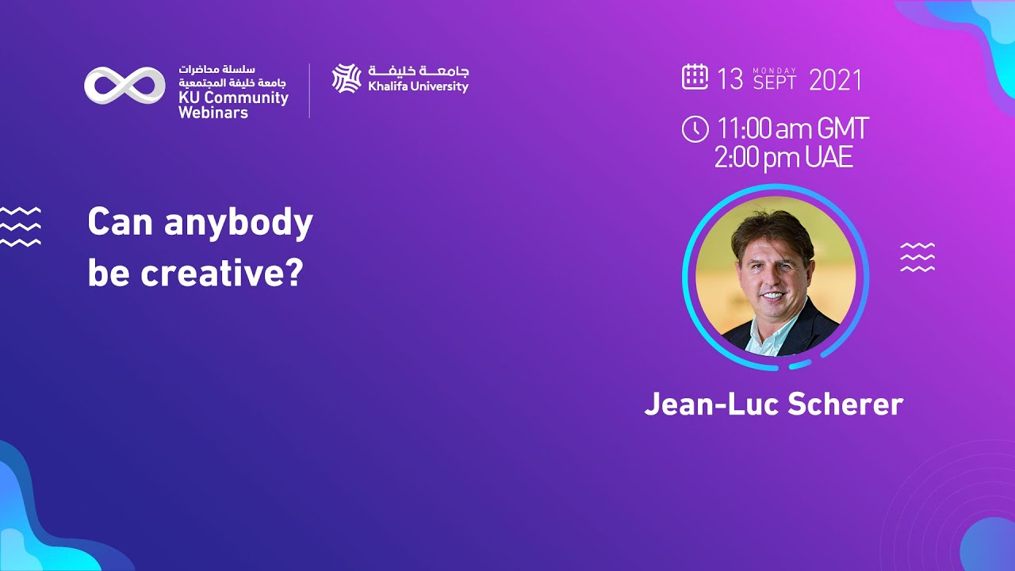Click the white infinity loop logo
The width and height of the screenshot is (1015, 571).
click(124, 86)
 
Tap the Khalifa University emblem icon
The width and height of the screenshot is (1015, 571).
click(347, 79)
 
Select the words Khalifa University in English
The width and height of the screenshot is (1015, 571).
click(418, 86)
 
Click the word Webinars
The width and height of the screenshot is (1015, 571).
click(213, 113)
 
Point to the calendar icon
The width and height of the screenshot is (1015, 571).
click(695, 77)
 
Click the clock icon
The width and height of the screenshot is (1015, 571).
click(695, 129)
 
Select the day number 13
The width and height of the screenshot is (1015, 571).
click(730, 79)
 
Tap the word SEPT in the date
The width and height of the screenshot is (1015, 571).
click(775, 82)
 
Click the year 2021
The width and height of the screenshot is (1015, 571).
click(835, 79)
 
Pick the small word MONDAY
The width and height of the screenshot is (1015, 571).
click(775, 71)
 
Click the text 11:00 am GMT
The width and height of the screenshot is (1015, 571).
click(792, 128)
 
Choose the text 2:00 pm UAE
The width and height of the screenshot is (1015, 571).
click(783, 157)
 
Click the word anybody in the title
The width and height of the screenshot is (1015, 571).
click(239, 224)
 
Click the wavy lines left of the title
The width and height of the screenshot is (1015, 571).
click(20, 227)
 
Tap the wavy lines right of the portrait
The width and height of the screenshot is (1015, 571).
click(917, 258)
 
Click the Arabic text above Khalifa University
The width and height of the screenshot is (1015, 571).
click(418, 71)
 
